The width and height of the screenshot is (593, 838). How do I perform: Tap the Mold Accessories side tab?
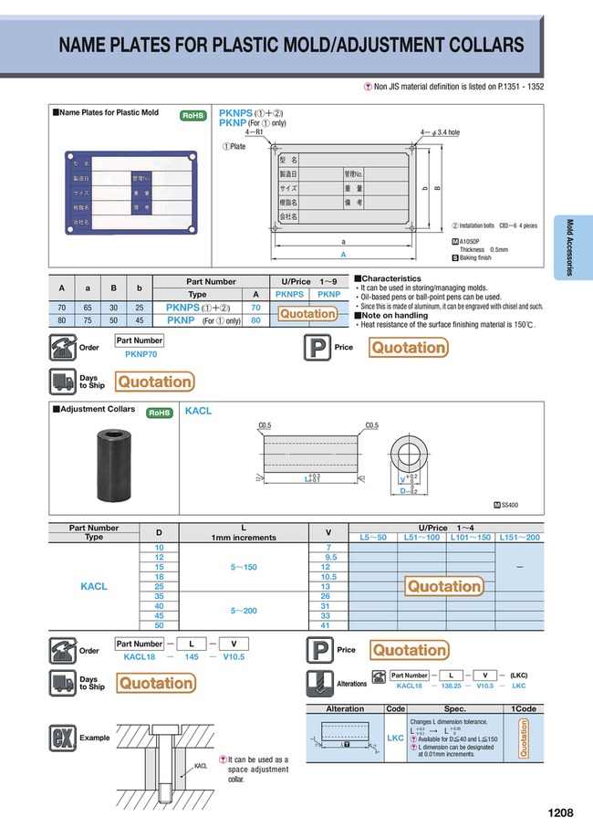[x=571, y=248]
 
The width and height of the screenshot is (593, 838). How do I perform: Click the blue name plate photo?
[x=127, y=194]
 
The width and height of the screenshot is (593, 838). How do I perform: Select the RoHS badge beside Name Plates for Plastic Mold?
[x=192, y=115]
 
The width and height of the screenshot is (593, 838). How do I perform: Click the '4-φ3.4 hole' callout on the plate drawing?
[x=440, y=132]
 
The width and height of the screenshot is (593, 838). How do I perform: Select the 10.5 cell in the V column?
[x=326, y=577]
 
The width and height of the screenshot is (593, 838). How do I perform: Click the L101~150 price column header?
[x=472, y=538]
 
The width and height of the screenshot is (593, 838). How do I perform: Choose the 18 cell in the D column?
[x=160, y=577]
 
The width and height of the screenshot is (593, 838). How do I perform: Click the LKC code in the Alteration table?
[x=395, y=738]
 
